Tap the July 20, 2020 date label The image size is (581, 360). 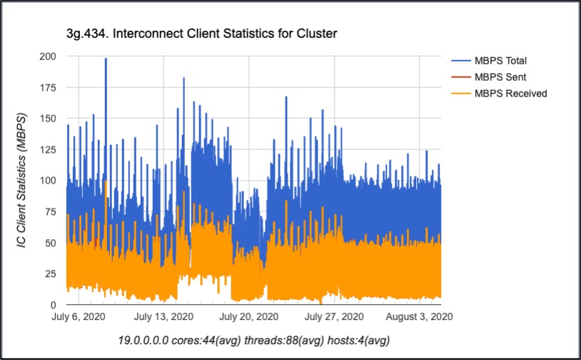coord(248,316)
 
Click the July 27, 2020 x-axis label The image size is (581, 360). coord(334,316)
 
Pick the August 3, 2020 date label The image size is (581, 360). coord(417,316)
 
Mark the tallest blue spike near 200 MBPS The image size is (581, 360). coord(106,60)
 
